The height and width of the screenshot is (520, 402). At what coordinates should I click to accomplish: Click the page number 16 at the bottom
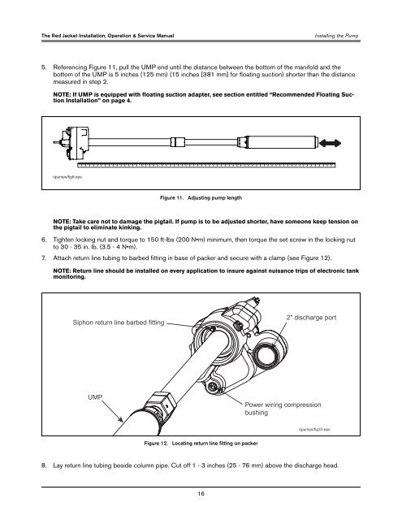click(201, 493)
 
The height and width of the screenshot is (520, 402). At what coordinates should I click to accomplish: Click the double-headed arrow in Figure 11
click(330, 143)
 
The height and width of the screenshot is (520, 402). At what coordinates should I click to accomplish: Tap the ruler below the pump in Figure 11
click(206, 165)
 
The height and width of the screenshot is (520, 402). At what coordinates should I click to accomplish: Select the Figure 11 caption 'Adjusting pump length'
click(214, 197)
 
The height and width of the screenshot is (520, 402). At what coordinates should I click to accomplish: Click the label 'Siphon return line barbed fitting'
click(119, 323)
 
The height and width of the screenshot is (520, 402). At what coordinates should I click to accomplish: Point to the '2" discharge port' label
click(311, 318)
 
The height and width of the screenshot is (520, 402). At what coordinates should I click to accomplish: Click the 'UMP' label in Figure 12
click(95, 397)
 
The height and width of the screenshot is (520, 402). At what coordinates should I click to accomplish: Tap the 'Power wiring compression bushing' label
click(283, 409)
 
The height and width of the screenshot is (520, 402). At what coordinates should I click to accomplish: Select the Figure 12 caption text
click(201, 443)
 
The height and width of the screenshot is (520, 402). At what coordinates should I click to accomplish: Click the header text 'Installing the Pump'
click(336, 36)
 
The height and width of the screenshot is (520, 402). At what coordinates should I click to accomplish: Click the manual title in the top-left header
click(108, 36)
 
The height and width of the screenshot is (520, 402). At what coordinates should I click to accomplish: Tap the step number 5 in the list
click(44, 67)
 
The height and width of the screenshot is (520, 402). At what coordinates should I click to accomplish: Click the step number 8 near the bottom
click(44, 466)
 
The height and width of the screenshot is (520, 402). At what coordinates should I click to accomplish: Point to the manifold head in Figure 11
click(75, 143)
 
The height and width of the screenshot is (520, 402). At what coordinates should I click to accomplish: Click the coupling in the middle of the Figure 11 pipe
click(178, 142)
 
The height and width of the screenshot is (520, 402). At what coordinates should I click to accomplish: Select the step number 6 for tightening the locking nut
click(44, 240)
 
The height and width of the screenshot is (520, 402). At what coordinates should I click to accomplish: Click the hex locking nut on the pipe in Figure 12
click(162, 403)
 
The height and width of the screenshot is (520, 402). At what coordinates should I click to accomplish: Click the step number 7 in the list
click(44, 258)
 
